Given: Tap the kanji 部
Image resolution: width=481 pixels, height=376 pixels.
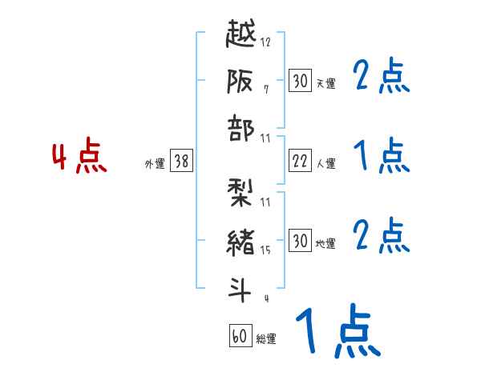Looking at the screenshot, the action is click(241, 130).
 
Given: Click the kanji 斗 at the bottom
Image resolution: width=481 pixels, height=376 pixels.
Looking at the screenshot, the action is click(241, 290).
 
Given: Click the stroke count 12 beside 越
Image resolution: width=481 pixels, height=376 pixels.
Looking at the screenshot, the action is click(265, 42).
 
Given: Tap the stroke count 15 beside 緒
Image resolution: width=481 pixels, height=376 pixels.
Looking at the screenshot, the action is click(265, 250).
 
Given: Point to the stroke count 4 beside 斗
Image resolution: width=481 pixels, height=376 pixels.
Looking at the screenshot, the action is click(265, 299).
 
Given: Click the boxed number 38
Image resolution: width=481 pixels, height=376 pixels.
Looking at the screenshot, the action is click(181, 161).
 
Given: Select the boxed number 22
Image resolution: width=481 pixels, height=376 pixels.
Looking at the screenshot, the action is click(300, 161).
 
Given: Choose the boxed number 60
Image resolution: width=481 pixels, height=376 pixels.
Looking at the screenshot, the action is click(240, 336).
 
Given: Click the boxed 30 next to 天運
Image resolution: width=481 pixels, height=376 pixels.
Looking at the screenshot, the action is click(300, 80).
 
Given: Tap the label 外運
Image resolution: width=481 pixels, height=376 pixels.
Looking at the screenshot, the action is click(155, 164).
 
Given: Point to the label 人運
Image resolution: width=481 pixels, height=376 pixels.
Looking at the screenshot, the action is click(325, 164).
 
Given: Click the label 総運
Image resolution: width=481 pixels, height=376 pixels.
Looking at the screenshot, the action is click(265, 339).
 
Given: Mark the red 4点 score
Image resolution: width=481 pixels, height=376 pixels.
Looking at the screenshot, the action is click(79, 158).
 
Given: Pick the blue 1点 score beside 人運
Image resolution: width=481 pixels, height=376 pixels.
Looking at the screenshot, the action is click(381, 155).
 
